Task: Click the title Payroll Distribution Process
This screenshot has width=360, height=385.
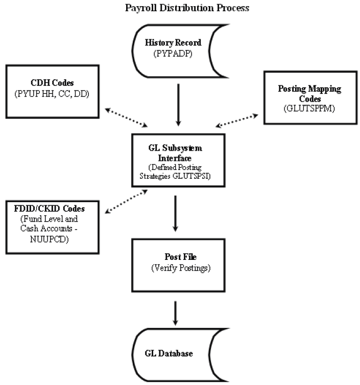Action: point(180,8)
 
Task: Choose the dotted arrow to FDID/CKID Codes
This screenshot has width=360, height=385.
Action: point(125,203)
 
